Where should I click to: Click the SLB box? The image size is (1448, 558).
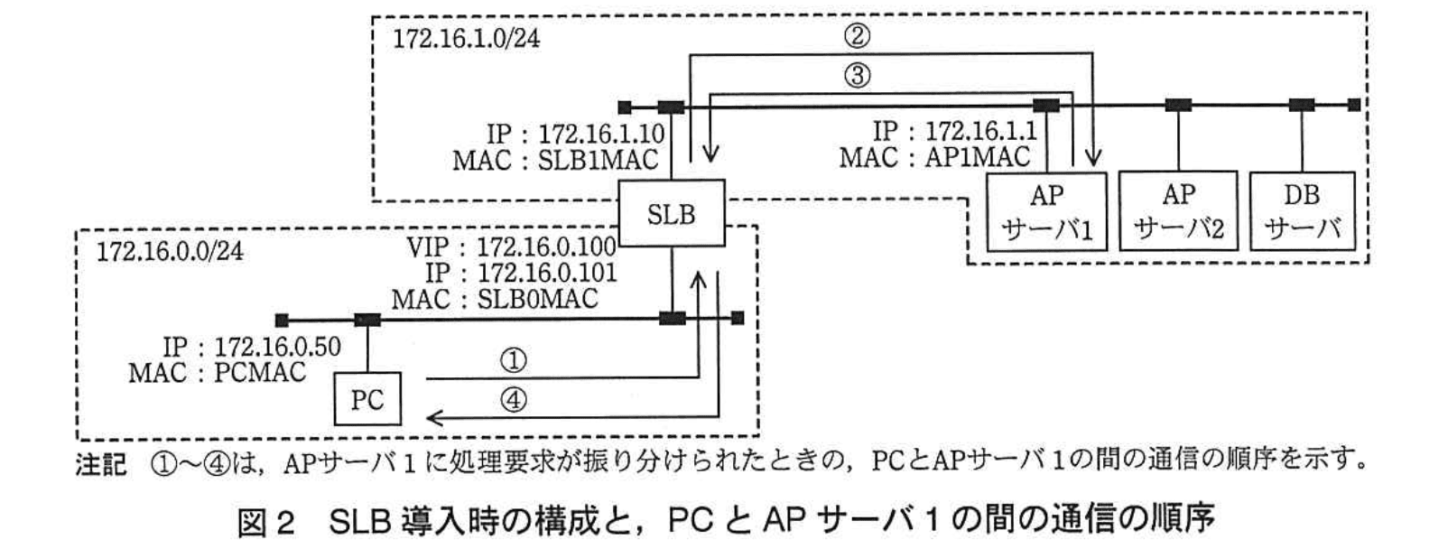671,213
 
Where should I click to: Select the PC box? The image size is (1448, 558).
367,398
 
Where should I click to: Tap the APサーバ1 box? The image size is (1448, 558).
1046,211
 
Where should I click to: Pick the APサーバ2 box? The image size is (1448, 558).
1178,211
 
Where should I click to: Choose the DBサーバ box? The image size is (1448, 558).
1302,211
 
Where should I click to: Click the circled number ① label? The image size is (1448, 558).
513,360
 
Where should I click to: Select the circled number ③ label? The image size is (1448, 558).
857,75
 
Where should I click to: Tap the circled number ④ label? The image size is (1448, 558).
513,399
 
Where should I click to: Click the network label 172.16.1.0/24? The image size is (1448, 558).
466,39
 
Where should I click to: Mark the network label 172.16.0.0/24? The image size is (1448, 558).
170,250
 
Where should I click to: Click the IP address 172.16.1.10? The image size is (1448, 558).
601,135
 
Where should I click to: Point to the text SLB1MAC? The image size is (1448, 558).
598,160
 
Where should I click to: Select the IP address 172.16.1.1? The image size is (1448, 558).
980,132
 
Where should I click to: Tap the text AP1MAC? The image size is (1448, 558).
977,157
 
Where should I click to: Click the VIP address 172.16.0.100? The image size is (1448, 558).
546,246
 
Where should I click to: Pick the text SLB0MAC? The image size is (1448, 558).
537,298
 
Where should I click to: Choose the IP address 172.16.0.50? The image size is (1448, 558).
277,347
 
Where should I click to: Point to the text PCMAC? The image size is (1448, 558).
260,371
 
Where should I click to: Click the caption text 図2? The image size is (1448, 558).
266,522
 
